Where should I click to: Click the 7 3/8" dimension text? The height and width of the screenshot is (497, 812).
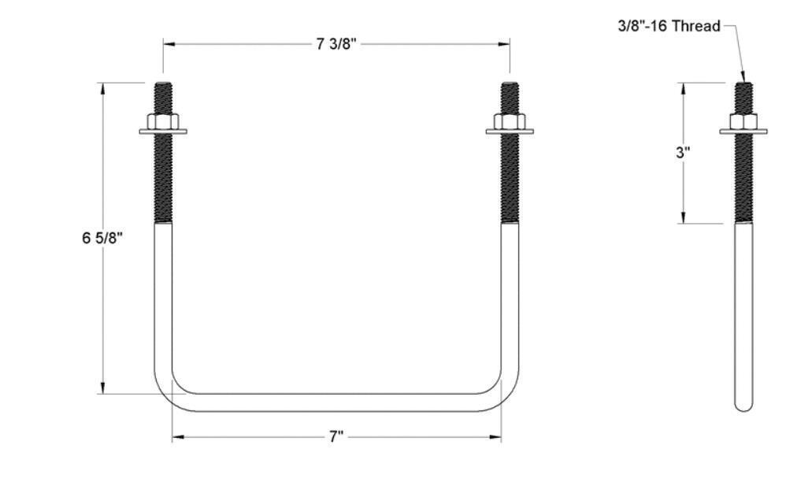coord(336,44)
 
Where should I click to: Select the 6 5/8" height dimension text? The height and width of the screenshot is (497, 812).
coord(102,238)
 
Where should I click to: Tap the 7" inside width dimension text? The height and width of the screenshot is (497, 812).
coord(336,437)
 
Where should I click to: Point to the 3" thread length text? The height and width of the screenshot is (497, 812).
coord(683,153)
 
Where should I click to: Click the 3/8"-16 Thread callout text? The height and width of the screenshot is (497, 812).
coord(668,26)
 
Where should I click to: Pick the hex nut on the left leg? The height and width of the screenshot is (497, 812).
coord(163,121)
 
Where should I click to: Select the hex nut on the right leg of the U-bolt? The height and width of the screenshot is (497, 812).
coord(510,121)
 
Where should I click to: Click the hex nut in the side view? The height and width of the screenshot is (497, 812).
coord(743,121)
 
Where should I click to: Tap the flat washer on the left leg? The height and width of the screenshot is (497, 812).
coord(163,132)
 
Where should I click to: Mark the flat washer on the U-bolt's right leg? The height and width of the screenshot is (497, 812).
coord(510,132)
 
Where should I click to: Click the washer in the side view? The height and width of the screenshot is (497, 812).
coord(743,132)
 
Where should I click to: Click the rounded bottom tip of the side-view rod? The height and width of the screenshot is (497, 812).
coord(743,405)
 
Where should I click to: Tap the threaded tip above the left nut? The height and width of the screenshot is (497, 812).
coord(163,97)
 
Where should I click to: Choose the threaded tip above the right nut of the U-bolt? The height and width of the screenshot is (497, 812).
coord(510,97)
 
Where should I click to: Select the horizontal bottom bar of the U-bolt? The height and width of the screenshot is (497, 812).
coord(336,402)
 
